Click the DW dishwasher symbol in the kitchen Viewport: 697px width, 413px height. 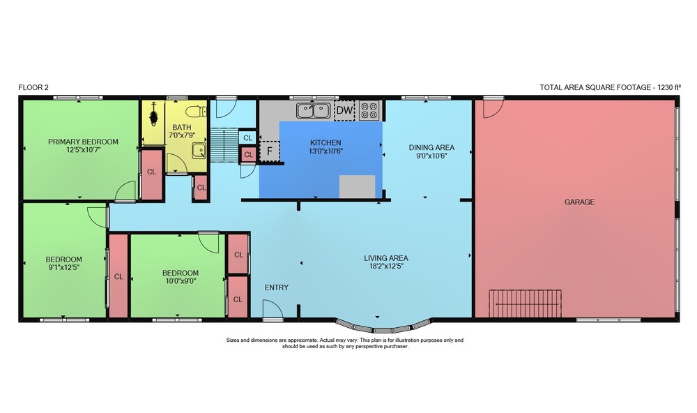point(344,110)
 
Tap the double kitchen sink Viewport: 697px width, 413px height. point(314,110)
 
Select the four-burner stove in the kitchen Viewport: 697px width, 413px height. point(369,110)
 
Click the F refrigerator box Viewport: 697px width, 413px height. point(269,151)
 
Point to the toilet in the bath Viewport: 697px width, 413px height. point(197,111)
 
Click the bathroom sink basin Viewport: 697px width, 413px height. point(199,151)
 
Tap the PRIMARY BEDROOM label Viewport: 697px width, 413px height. point(83,142)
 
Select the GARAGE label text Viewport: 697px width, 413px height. point(579,202)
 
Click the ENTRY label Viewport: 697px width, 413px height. point(277,287)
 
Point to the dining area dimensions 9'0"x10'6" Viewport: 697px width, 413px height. point(431,156)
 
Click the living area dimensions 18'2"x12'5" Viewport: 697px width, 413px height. point(386,266)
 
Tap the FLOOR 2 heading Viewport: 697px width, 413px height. point(33,87)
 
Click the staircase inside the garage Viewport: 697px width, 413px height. point(525,303)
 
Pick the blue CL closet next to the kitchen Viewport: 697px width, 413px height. point(247,137)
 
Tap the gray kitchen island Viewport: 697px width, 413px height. point(358,186)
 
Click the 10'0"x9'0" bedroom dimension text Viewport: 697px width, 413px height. point(180,281)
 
